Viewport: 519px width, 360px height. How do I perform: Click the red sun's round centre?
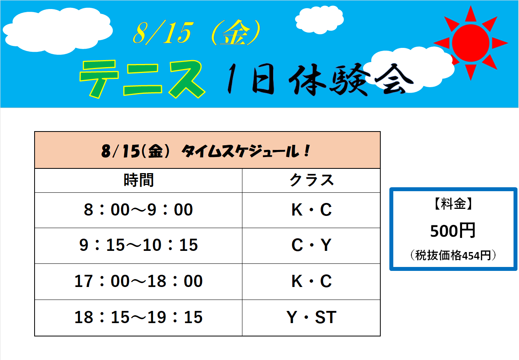[x=471, y=43]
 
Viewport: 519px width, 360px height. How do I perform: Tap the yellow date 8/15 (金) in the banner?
[x=197, y=33]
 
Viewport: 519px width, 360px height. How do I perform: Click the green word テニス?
[x=142, y=79]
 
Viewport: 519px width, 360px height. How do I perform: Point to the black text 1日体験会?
[x=321, y=79]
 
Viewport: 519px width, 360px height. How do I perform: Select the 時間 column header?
[x=139, y=180]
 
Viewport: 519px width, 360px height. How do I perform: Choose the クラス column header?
[x=312, y=180]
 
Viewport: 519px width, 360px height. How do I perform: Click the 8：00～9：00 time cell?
[x=138, y=210]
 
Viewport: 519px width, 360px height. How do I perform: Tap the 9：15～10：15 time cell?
[x=139, y=245]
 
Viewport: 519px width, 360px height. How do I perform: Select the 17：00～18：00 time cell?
[x=139, y=281]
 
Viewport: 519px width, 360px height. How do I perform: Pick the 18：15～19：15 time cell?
[x=139, y=317]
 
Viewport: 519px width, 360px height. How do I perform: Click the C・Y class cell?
[x=312, y=245]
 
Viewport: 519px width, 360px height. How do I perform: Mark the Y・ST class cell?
[x=312, y=317]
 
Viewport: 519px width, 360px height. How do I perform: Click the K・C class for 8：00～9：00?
[x=312, y=210]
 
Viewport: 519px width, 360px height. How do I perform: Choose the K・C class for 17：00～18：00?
[x=312, y=281]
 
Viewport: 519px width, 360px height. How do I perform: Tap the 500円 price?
[x=453, y=230]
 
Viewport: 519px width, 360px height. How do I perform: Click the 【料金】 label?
[x=453, y=204]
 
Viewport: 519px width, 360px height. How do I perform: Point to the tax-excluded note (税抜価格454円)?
[x=453, y=256]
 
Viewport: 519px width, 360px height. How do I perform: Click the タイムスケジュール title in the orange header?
[x=246, y=152]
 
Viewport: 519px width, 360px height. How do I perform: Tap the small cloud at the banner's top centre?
[x=319, y=20]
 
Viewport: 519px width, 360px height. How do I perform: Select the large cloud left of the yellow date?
[x=58, y=31]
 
